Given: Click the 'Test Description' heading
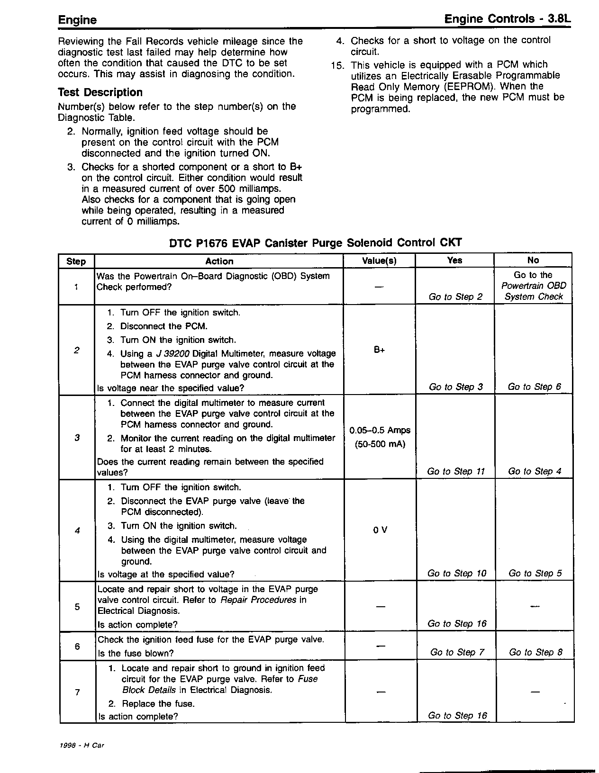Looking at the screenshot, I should click(100, 92).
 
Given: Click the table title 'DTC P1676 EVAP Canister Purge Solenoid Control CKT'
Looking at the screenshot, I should click(316, 243).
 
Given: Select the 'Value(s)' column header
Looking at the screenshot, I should click(379, 261).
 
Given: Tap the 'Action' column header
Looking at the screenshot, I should click(219, 261).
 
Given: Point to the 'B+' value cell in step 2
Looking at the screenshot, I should click(379, 350).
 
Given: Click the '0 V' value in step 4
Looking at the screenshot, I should click(380, 530).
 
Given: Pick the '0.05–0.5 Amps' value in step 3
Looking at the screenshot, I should click(380, 431).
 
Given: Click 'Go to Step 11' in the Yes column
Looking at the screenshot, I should click(456, 471).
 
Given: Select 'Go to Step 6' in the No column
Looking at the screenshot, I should click(534, 387).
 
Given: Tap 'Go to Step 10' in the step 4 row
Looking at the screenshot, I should click(456, 573).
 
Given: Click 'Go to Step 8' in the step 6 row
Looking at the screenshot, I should click(535, 652).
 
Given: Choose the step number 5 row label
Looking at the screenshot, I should click(77, 607).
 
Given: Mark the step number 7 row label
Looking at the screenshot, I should click(77, 692).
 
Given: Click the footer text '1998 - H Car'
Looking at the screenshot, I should click(82, 745).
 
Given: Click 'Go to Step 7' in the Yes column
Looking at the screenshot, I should click(457, 652).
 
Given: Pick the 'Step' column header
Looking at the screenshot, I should click(76, 261).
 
